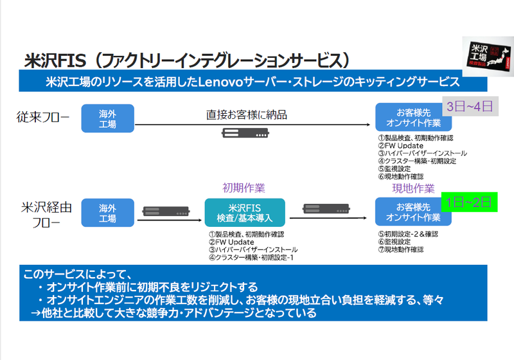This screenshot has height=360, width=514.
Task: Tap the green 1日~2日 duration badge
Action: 470,201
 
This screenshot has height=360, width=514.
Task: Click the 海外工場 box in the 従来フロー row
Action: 107,118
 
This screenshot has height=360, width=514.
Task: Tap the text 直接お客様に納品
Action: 246,114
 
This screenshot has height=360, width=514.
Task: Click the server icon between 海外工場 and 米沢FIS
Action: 165,212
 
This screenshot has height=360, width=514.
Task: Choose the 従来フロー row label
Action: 42,117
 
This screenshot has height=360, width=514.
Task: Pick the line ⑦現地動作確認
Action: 401,249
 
